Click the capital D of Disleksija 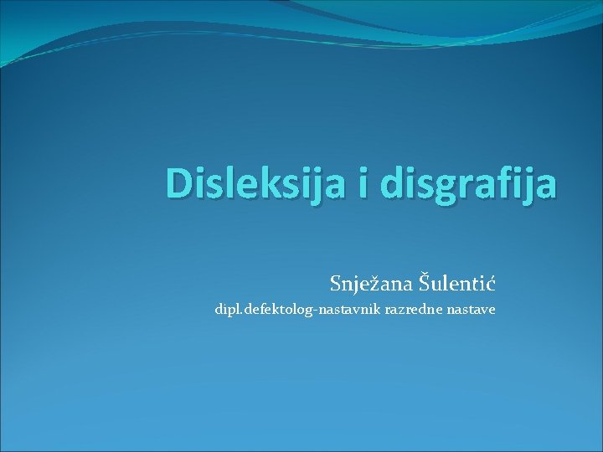pyautogui.click(x=179, y=184)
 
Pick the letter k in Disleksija pyautogui.click(x=272, y=184)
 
